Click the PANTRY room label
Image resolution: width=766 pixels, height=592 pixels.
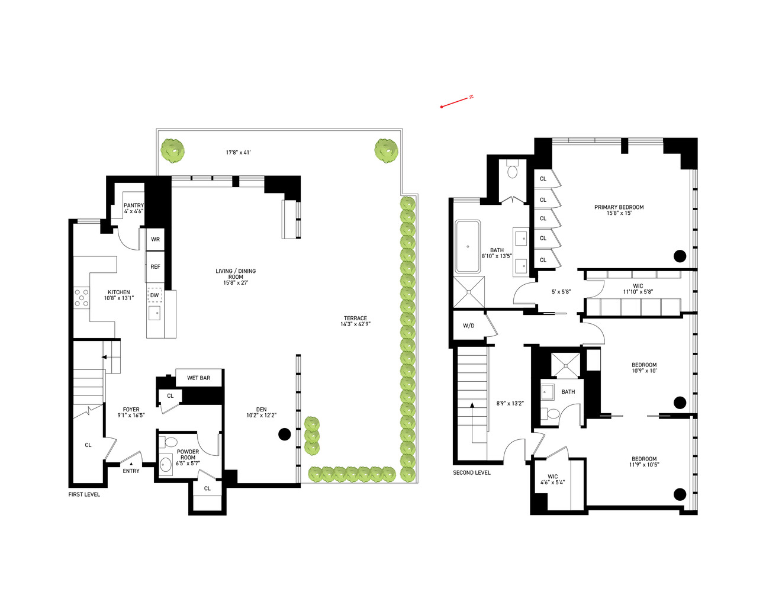pyautogui.click(x=134, y=208)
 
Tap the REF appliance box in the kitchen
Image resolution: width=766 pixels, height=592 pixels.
pyautogui.click(x=155, y=267)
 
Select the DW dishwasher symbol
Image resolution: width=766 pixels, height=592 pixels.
pyautogui.click(x=155, y=295)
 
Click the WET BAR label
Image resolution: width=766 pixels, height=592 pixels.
pyautogui.click(x=198, y=378)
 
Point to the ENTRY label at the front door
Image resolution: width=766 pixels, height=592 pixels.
pyautogui.click(x=131, y=471)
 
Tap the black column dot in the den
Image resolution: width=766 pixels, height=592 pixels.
pyautogui.click(x=284, y=435)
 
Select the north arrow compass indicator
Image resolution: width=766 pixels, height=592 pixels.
pyautogui.click(x=456, y=102)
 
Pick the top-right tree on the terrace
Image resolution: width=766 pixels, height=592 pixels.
pyautogui.click(x=386, y=150)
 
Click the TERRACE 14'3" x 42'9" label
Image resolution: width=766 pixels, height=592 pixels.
pyautogui.click(x=356, y=321)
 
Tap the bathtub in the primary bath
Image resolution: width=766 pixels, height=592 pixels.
pyautogui.click(x=468, y=246)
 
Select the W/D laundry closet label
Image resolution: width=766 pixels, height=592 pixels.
pyautogui.click(x=468, y=326)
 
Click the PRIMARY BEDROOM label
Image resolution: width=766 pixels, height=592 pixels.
pyautogui.click(x=619, y=210)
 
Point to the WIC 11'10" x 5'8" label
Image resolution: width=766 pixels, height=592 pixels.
pyautogui.click(x=638, y=289)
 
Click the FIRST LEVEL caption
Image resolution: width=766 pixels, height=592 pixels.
pyautogui.click(x=84, y=494)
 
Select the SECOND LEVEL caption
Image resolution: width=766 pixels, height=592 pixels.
pyautogui.click(x=472, y=472)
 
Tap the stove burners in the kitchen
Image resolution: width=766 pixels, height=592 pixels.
pyautogui.click(x=81, y=298)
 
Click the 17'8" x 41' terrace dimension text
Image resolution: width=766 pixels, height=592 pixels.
pyautogui.click(x=238, y=153)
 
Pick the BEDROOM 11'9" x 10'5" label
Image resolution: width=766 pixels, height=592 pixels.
pyautogui.click(x=644, y=462)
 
